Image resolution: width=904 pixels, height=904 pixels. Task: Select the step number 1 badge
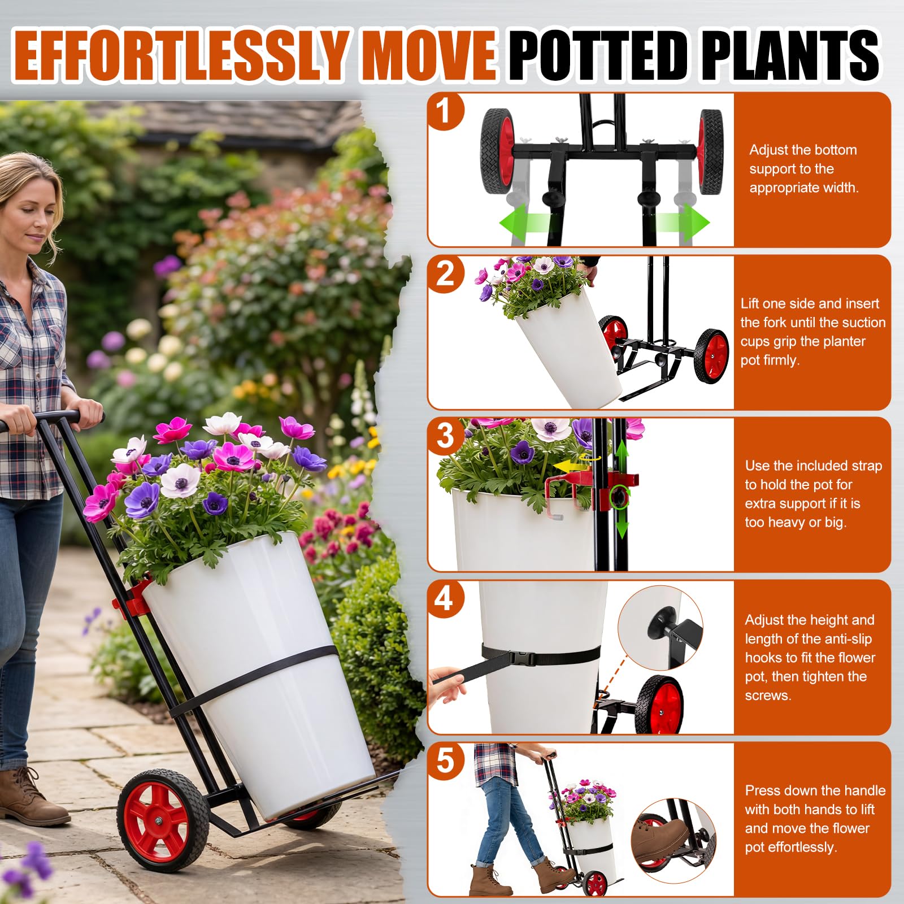coord(445,111)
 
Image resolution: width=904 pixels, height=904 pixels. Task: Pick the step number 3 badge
coord(445,436)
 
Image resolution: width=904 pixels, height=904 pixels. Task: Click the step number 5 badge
coord(445,761)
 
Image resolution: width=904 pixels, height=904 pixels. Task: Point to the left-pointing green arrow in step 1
coord(524,222)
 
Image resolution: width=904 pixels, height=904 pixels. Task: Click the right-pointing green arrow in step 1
coord(683,222)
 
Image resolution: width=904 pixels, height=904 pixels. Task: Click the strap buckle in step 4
coord(523,658)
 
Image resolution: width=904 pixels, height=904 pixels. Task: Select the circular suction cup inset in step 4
coord(660,628)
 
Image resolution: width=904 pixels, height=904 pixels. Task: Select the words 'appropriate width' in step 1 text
coord(803,188)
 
